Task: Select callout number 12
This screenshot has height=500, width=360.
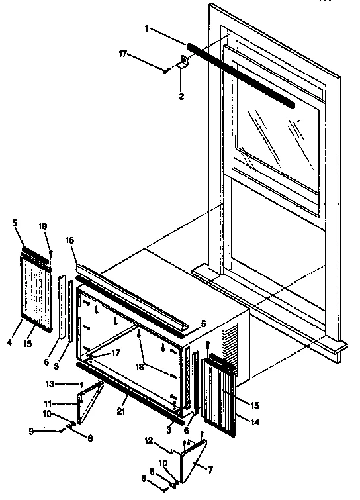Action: (149, 440)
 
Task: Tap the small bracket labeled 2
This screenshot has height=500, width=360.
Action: (183, 64)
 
